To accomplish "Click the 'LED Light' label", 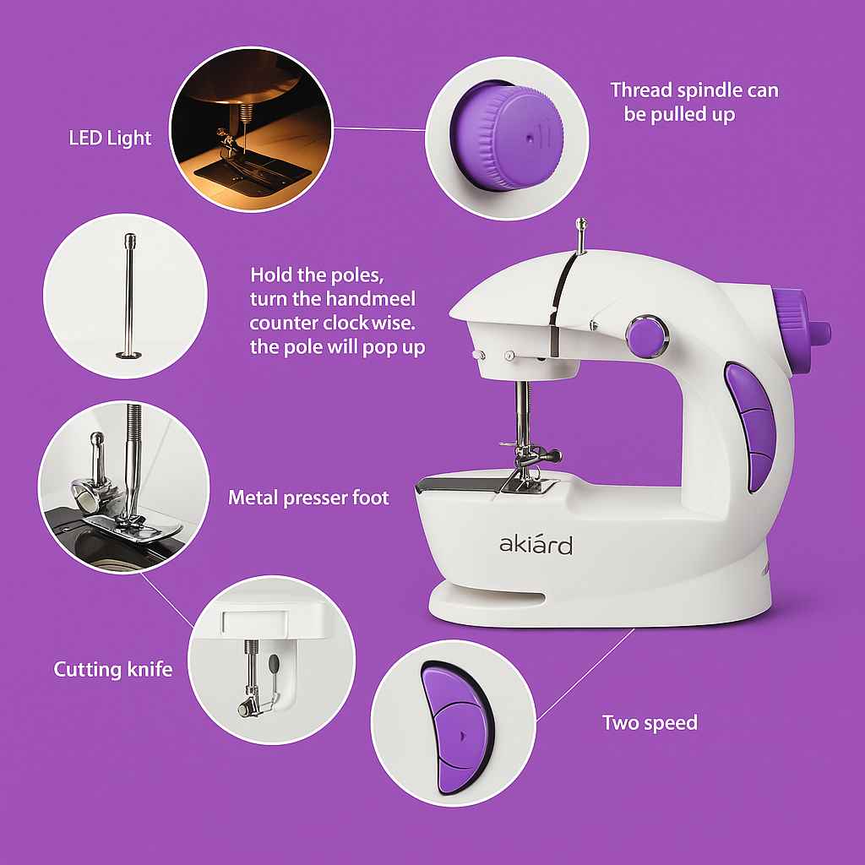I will pyautogui.click(x=110, y=138).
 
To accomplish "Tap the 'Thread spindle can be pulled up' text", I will pyautogui.click(x=694, y=101).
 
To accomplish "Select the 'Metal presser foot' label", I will pyautogui.click(x=308, y=498).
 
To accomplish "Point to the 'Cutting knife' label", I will pyautogui.click(x=113, y=670).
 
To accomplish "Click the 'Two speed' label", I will pyautogui.click(x=650, y=723).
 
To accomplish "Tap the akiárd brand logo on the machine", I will pyautogui.click(x=536, y=545).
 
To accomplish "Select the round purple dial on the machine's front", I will pyautogui.click(x=646, y=335).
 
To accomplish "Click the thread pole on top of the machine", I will pyautogui.click(x=580, y=236).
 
